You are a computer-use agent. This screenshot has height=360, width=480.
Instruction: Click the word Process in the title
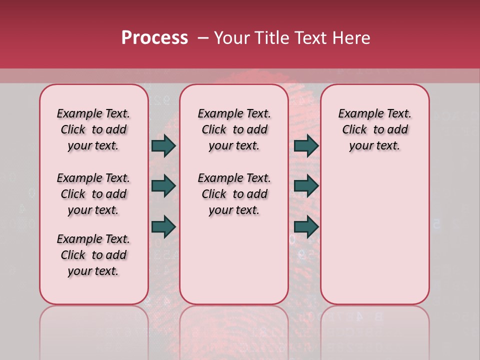click(154, 38)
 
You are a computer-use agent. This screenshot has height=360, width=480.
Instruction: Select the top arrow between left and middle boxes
click(163, 145)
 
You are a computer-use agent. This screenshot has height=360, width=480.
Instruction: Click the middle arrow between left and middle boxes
click(163, 186)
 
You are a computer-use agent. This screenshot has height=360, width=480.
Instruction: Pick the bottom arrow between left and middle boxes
click(163, 227)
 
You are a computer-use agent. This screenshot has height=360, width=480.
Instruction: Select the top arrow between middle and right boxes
click(306, 145)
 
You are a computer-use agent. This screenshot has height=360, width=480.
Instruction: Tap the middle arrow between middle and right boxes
click(306, 186)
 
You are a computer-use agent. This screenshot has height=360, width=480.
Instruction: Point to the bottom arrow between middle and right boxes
click(306, 227)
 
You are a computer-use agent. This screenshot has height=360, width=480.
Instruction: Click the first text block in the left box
click(93, 129)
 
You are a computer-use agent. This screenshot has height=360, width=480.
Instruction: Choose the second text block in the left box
click(93, 194)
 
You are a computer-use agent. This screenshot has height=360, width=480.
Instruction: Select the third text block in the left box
click(93, 255)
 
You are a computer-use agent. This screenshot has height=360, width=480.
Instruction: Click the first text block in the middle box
click(234, 129)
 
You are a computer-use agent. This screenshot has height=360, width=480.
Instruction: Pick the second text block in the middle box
click(234, 194)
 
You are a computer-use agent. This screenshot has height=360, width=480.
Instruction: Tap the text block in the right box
click(374, 129)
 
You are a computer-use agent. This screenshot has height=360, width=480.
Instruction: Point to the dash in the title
click(203, 38)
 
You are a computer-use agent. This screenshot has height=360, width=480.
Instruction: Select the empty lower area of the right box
click(374, 235)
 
